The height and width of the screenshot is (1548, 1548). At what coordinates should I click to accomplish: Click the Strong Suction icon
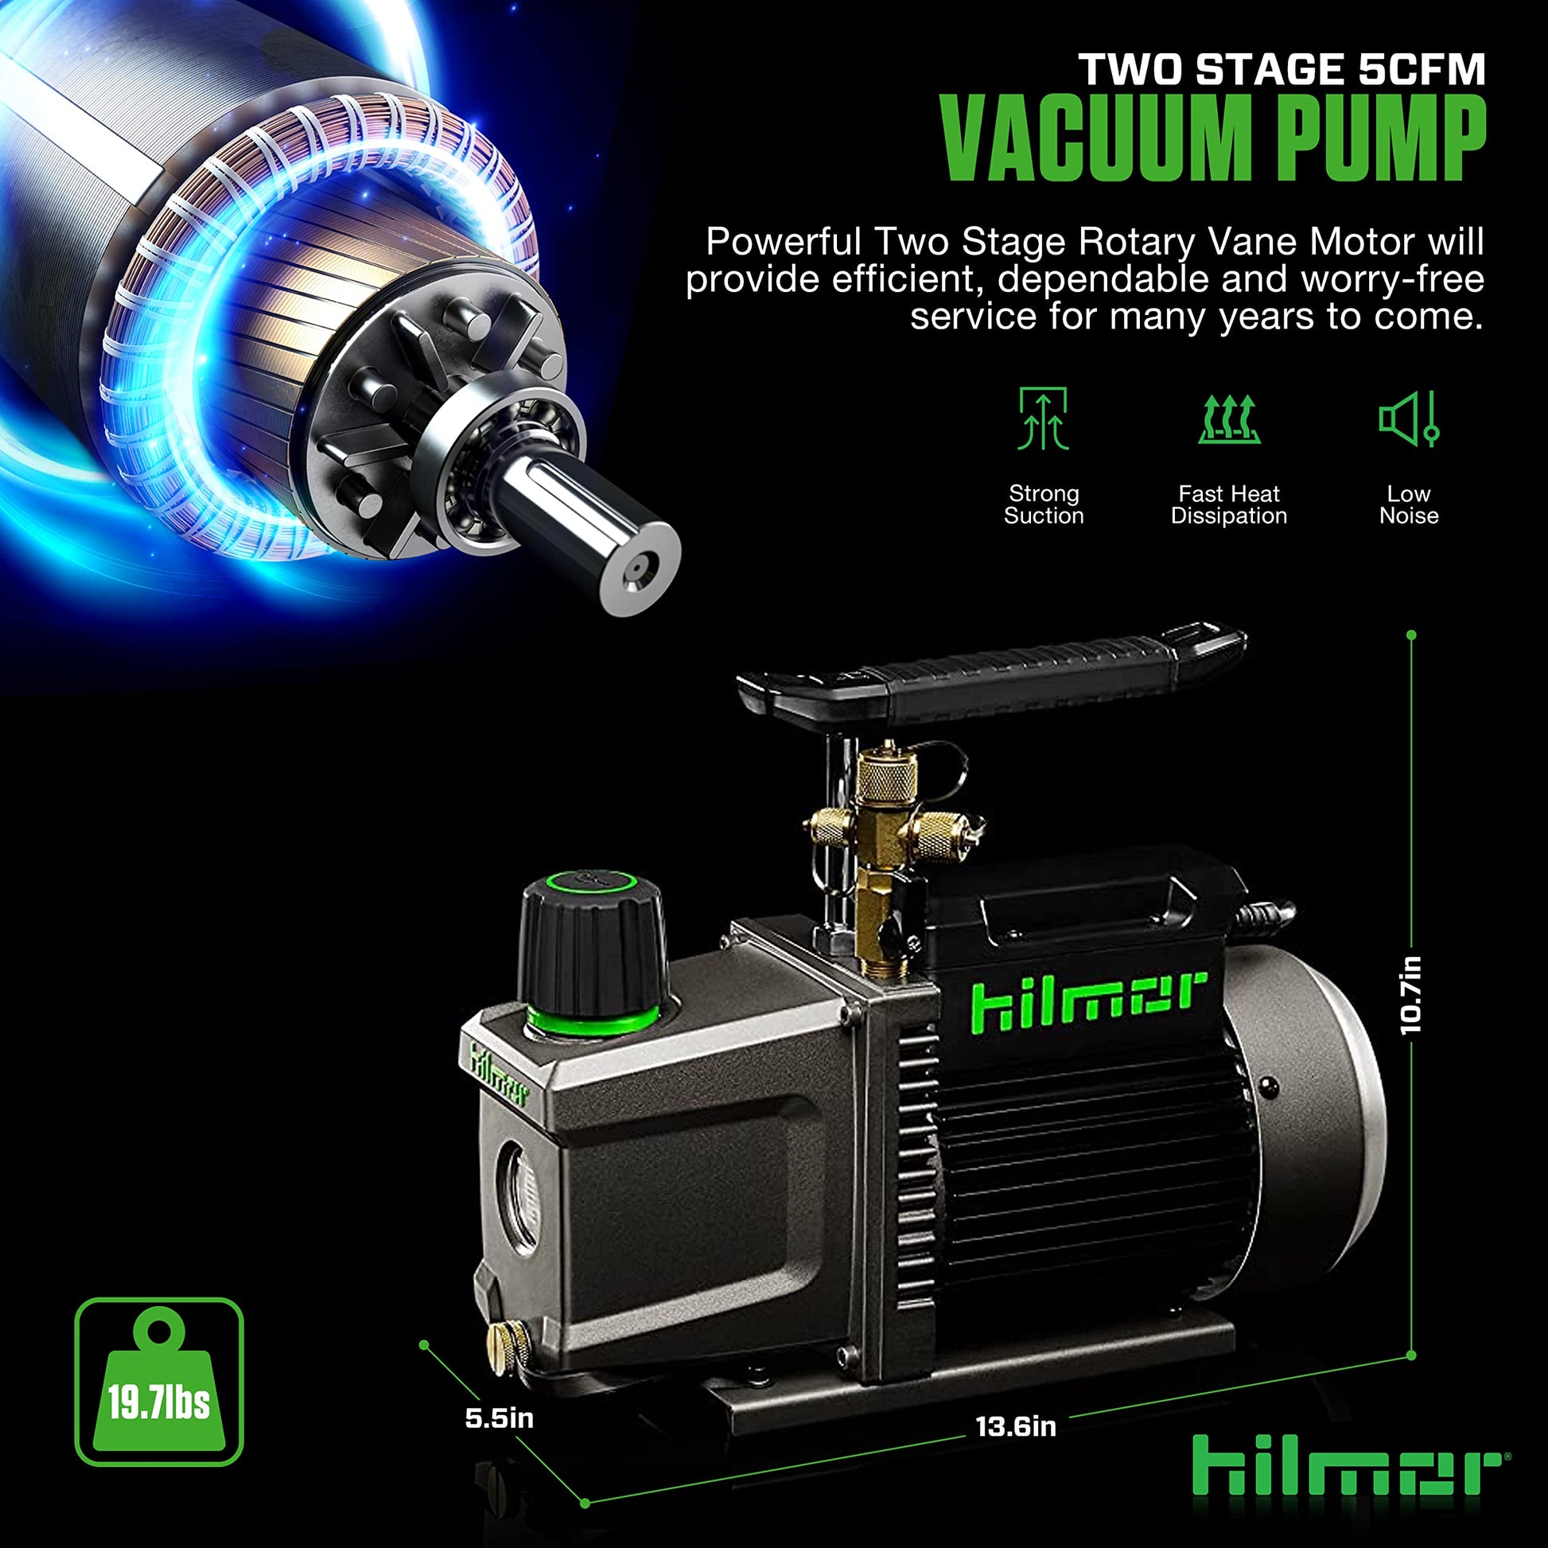[x=1043, y=418]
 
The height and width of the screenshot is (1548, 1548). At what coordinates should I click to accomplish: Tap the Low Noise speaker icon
[x=1410, y=418]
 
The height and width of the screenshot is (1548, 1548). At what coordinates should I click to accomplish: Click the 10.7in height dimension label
[x=1411, y=995]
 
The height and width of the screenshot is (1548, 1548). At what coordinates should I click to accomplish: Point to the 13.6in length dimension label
[x=1016, y=1426]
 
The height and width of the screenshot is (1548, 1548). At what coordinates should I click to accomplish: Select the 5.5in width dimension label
[x=500, y=1418]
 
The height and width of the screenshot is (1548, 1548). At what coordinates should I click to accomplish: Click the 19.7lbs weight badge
[x=158, y=1383]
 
